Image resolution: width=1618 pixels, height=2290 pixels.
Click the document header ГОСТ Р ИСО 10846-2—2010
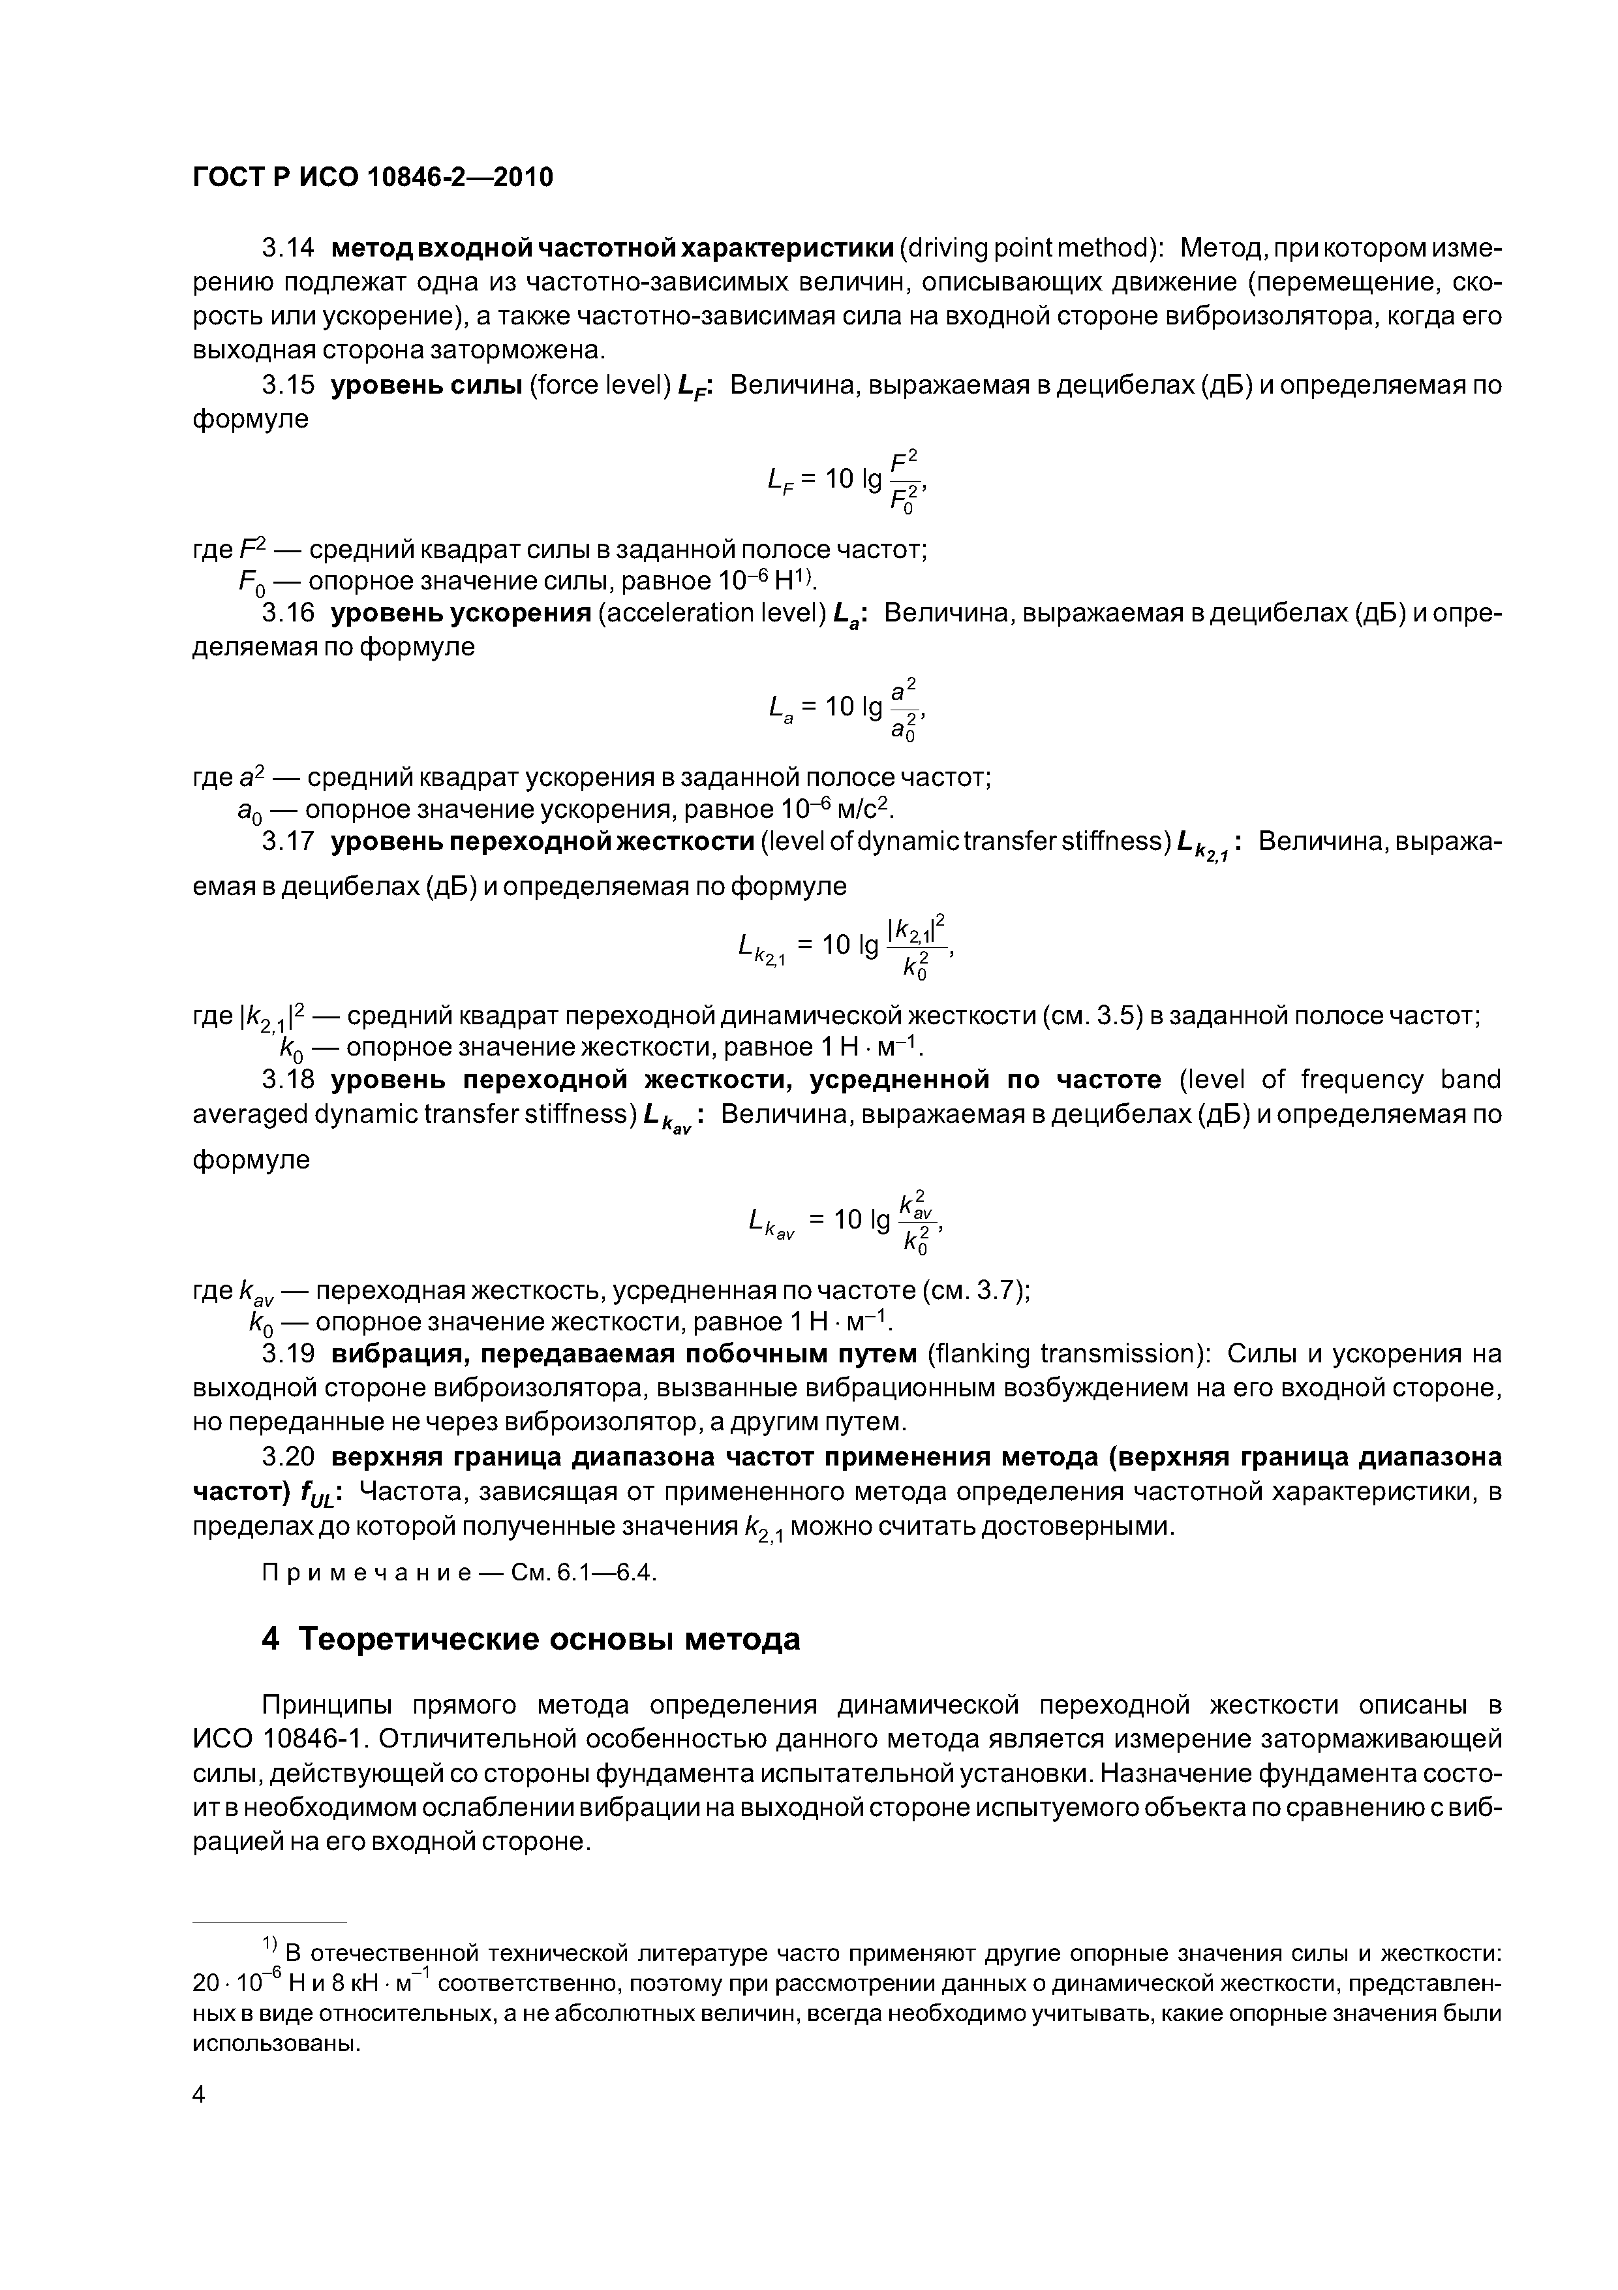(372, 178)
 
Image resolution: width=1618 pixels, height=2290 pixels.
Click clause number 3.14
(288, 248)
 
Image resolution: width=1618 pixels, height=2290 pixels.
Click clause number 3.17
(288, 842)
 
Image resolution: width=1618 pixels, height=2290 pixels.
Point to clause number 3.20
(288, 1457)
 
